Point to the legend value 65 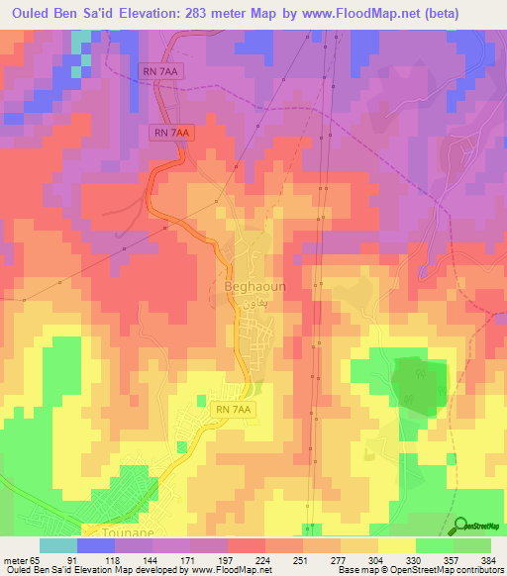(33, 559)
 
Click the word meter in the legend (13, 559)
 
